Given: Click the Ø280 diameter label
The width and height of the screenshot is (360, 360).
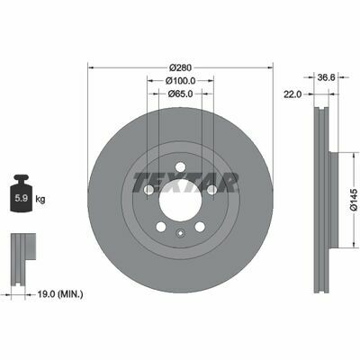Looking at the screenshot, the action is [x=180, y=67].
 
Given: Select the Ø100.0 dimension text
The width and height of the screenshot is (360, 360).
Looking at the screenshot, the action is [x=180, y=81].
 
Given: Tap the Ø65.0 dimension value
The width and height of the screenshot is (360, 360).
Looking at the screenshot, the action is [x=180, y=94].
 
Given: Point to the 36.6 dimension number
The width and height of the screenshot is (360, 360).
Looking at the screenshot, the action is [x=326, y=77].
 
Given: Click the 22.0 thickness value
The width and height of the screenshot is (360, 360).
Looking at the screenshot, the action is [x=292, y=94].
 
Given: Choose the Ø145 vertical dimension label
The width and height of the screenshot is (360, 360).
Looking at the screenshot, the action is [x=355, y=200].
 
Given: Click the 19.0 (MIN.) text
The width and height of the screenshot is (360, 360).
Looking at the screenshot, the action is [x=60, y=294].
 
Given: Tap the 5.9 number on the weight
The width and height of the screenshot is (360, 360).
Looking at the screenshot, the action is [x=22, y=198].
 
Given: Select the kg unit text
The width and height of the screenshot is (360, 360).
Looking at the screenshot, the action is [x=40, y=199].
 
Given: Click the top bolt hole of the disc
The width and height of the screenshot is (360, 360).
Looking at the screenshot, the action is [x=180, y=166].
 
